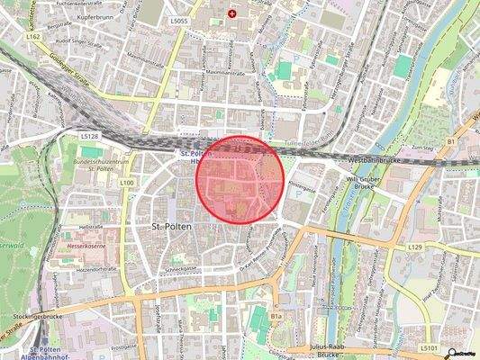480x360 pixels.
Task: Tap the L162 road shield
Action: (x=33, y=38)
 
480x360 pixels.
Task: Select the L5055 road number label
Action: (x=178, y=19)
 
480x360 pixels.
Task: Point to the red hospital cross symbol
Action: (x=233, y=13)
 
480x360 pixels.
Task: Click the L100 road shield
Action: (x=127, y=183)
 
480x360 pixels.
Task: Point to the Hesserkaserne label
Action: (x=86, y=244)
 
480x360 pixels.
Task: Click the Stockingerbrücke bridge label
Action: (x=35, y=317)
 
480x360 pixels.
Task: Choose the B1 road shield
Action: (x=451, y=141)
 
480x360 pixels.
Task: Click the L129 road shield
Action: (x=414, y=246)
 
